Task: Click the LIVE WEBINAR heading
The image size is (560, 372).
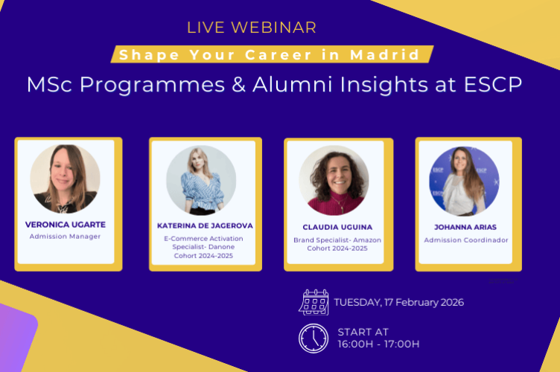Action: (251, 28)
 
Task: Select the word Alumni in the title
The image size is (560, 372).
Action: (298, 84)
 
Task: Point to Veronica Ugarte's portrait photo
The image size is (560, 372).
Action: (65, 179)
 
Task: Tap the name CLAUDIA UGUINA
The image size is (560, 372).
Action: (334, 226)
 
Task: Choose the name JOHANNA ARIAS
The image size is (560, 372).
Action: (466, 226)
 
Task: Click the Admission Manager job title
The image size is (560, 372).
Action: (65, 237)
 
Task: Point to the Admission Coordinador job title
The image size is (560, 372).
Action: (466, 240)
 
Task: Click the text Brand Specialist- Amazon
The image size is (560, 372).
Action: (334, 240)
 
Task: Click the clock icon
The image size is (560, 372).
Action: (314, 338)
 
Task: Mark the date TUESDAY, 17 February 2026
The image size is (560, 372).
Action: (399, 302)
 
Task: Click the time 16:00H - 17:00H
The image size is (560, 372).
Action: (378, 344)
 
